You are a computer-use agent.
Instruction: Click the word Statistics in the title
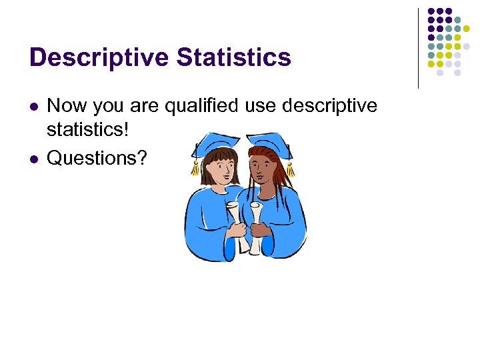(x=234, y=57)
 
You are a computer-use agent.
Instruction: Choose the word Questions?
(x=99, y=158)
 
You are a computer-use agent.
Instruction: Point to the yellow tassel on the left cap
(x=195, y=167)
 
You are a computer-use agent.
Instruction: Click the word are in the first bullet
(x=144, y=106)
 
